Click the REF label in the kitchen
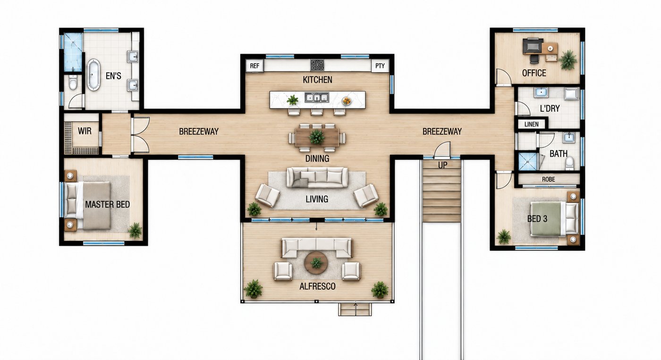click(x=254, y=66)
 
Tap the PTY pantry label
click(x=380, y=66)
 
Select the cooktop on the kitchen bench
click(x=317, y=65)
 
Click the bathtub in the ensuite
click(x=93, y=74)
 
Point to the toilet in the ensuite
click(x=73, y=82)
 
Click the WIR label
click(x=85, y=131)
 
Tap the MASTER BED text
click(x=108, y=204)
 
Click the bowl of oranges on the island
click(x=347, y=101)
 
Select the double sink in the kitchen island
click(x=317, y=97)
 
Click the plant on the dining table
click(x=317, y=137)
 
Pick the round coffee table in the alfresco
click(x=316, y=263)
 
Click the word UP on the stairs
click(x=442, y=166)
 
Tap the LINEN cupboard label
click(x=532, y=125)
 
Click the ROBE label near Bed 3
click(x=548, y=179)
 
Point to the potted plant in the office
click(x=568, y=60)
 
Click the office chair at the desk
click(x=534, y=59)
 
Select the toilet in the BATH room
click(x=569, y=163)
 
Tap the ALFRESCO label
click(x=317, y=286)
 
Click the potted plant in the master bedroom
click(x=135, y=230)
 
